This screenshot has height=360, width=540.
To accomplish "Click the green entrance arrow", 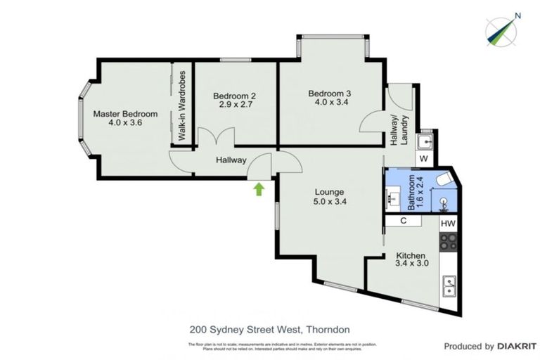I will [259, 188].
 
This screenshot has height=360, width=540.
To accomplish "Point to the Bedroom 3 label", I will [330, 93].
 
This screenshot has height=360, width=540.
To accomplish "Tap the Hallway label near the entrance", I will [231, 160].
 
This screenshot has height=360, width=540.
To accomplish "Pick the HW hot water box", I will [448, 223].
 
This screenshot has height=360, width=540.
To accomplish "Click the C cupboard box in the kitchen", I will [404, 221].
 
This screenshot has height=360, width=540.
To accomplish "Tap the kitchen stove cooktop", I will [448, 243].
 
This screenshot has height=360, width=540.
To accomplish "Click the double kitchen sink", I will [448, 286].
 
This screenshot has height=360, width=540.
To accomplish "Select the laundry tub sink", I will [424, 142].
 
